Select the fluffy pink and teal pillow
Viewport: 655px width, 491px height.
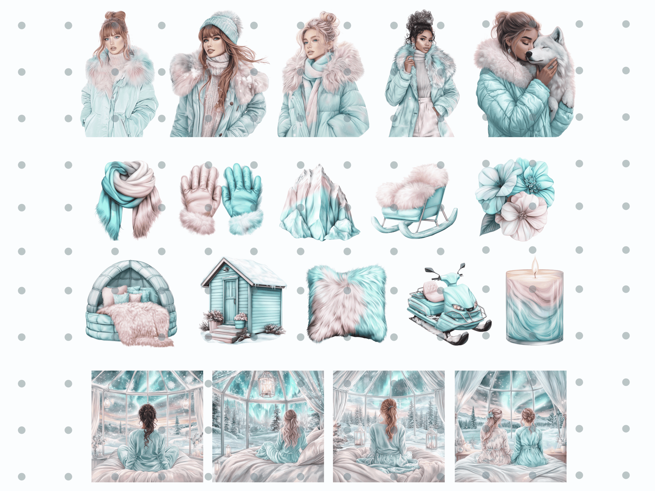point(346,303)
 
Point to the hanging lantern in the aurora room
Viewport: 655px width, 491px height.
point(267,385)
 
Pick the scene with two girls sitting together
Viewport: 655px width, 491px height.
point(510,426)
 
